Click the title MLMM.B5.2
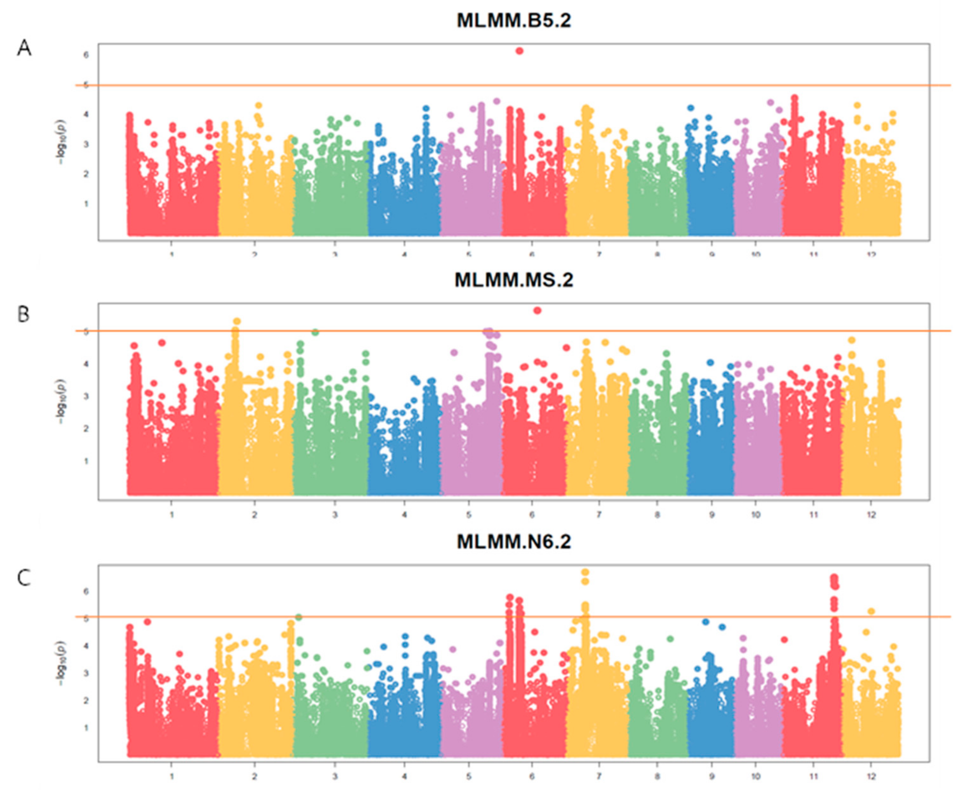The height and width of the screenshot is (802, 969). [514, 21]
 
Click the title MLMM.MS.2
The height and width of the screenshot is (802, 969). [514, 280]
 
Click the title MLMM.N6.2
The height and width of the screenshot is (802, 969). [514, 541]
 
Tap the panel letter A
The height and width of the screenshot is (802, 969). [24, 48]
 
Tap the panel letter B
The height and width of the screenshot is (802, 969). [23, 315]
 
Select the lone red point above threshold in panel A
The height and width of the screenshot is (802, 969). [519, 51]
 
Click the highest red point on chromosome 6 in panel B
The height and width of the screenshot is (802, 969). [537, 311]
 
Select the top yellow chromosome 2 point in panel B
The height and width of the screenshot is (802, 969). [237, 321]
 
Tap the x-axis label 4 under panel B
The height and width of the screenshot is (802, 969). [404, 514]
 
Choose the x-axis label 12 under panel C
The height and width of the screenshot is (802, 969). [870, 777]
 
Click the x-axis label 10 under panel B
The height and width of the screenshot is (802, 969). [755, 514]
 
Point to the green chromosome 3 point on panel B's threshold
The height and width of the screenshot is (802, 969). [315, 332]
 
